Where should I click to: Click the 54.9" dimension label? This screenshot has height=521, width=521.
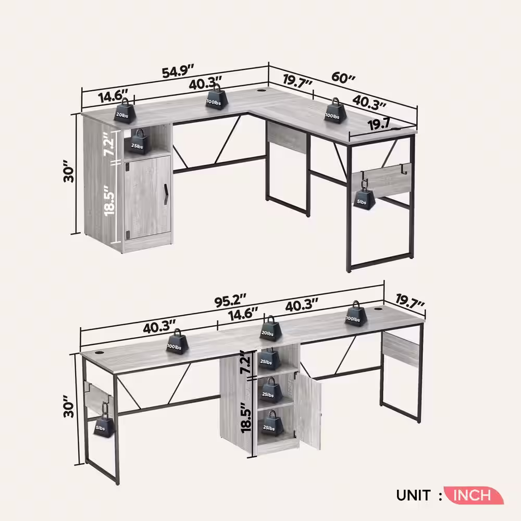[178, 71]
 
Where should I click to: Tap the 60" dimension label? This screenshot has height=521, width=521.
[344, 78]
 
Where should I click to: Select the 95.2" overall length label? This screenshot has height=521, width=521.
[230, 302]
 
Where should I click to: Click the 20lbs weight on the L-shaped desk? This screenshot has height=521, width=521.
[126, 111]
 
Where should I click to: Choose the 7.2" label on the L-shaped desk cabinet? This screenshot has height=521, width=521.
[107, 144]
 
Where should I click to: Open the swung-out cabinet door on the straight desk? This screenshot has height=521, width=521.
[310, 412]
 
